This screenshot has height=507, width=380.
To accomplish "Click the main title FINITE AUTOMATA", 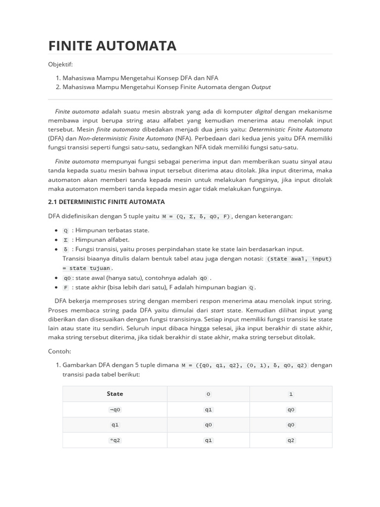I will pos(112,46).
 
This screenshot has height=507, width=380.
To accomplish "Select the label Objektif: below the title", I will pos(60,64).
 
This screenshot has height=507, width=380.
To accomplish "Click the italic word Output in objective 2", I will pos(261,87).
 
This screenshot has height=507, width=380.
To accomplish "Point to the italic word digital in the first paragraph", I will pos(263,112).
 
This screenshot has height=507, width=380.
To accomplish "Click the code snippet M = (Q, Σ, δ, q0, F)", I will pos(196,216).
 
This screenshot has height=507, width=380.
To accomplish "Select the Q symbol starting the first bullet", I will pos(66,231).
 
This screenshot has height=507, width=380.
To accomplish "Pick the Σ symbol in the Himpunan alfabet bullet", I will pos(66,240).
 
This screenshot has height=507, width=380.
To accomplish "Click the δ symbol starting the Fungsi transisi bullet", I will pos(66,250).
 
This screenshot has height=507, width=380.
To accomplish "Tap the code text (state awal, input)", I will pos(299,259).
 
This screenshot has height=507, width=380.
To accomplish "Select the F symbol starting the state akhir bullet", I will pos(66,288).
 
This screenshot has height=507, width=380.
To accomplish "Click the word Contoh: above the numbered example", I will pos(60,351).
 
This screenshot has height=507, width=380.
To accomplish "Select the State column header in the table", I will pos(115,394).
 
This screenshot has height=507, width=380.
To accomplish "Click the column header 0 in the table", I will pos(208,394).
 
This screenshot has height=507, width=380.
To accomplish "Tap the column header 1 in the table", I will pos(291,394).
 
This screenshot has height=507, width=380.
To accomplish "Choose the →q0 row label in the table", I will pos(115,410).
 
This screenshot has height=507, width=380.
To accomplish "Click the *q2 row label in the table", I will pos(115,440).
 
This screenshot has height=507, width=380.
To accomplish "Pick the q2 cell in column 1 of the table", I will pos(291,440).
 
